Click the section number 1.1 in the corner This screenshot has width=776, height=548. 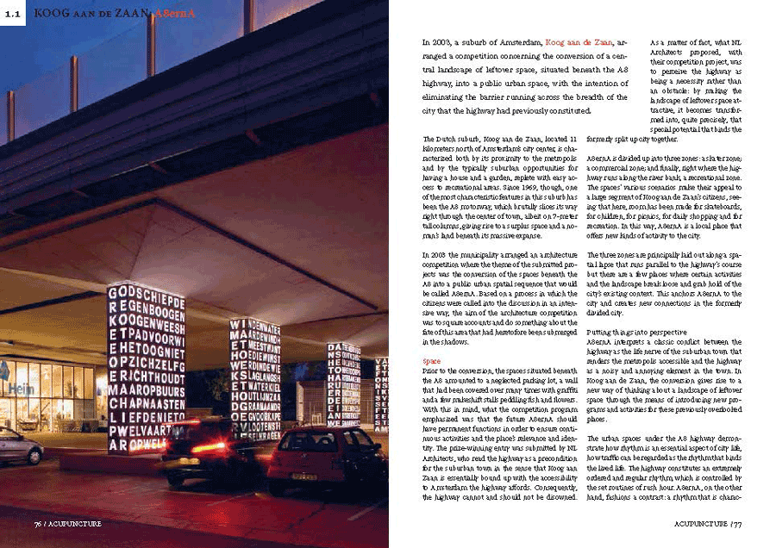[13, 12]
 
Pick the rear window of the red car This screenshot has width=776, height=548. [319, 443]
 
